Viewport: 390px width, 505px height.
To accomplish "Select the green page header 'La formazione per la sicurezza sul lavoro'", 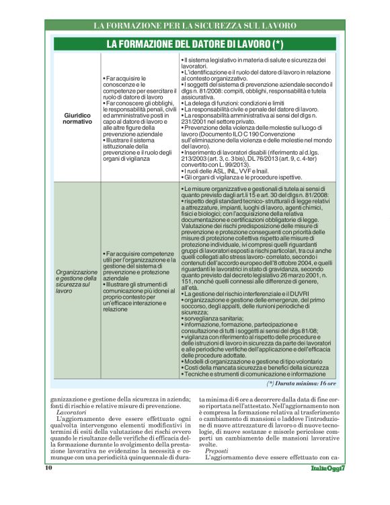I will tap(195, 26).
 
